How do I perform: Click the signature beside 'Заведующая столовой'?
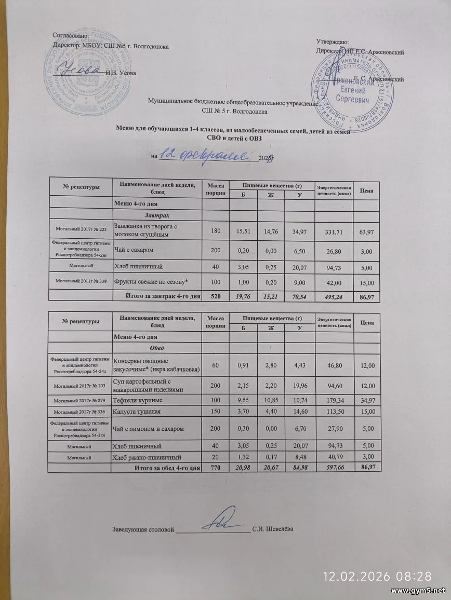(x=226, y=521)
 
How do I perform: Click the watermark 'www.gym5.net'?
(x=418, y=591)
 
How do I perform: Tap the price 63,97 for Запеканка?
(x=366, y=230)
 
